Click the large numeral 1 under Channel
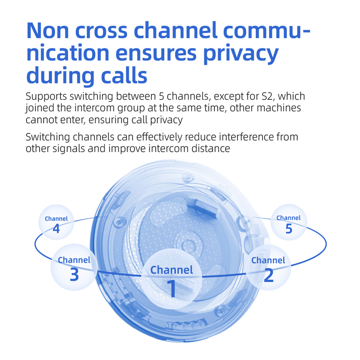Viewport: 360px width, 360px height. (172, 289)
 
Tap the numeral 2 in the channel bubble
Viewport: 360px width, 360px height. (268, 275)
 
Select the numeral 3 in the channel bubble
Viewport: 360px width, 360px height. (74, 275)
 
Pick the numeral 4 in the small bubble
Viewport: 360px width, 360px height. (56, 228)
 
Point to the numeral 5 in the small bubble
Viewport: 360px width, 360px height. (288, 228)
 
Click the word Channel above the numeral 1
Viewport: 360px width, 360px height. (172, 270)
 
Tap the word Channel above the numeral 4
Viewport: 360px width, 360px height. (56, 219)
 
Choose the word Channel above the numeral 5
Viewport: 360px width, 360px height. (288, 218)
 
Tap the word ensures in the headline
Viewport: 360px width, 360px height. (156, 53)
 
